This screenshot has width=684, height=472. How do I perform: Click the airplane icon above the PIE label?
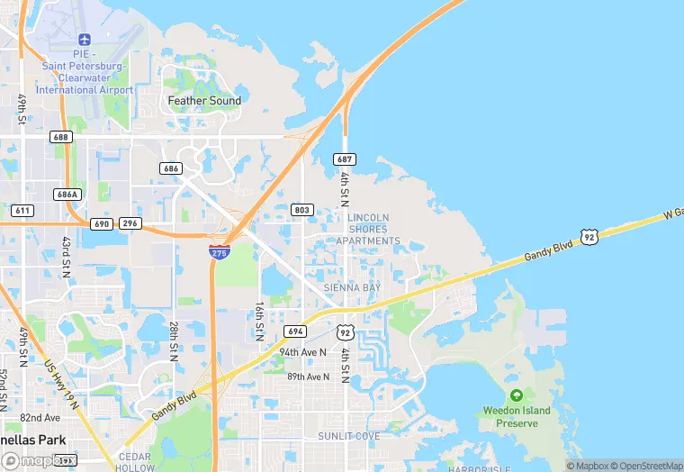click(x=85, y=40)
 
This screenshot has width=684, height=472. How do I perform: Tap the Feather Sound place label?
click(x=204, y=101)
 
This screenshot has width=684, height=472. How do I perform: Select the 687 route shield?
click(x=345, y=159)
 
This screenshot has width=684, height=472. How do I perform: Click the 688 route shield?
click(x=61, y=137)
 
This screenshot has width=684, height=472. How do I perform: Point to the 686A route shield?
click(x=67, y=194)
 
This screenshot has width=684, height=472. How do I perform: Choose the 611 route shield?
click(x=23, y=210)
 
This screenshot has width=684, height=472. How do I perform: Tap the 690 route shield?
click(x=101, y=223)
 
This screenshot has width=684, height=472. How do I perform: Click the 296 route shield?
click(x=130, y=223)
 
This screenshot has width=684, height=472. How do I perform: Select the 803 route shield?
click(x=302, y=210)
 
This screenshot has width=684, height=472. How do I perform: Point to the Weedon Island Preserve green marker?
click(x=516, y=395)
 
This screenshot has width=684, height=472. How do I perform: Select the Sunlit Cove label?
click(x=348, y=436)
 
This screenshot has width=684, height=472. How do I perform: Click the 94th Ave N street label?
click(x=301, y=352)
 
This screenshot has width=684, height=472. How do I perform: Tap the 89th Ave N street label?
click(x=309, y=377)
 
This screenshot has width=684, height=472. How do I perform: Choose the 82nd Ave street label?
click(x=40, y=418)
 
